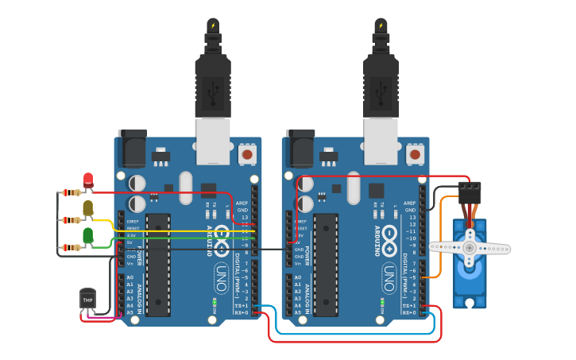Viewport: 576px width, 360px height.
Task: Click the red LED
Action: (x=87, y=180)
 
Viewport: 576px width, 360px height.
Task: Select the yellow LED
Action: (x=87, y=208)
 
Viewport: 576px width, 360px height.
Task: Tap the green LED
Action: (x=87, y=235)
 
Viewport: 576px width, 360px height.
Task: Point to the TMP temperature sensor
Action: (x=87, y=299)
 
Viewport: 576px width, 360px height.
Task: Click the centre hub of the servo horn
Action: (x=470, y=248)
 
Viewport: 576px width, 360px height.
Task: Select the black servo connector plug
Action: (x=469, y=193)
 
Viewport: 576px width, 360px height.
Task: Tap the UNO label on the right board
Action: (x=389, y=277)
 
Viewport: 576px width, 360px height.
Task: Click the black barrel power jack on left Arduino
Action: (x=132, y=148)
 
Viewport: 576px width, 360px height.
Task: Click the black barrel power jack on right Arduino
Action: (x=300, y=148)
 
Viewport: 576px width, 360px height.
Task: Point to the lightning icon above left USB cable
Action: (x=212, y=25)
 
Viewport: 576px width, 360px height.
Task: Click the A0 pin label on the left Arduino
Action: (x=130, y=277)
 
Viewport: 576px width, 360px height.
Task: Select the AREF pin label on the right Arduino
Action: (x=410, y=203)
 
